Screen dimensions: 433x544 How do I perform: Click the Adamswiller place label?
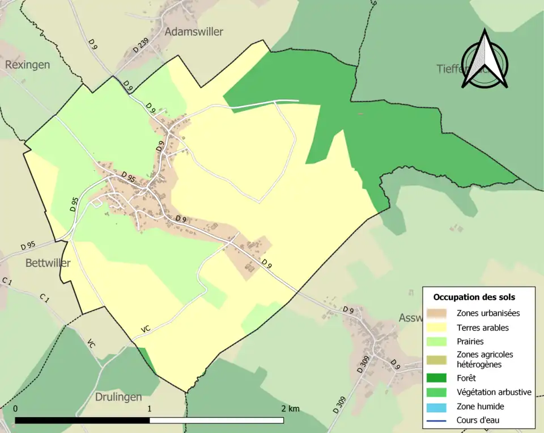pos(193,32)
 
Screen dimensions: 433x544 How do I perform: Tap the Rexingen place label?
pos(27,65)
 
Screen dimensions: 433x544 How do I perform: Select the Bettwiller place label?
pos(48,263)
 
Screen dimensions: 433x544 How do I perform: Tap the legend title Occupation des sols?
pos(474,297)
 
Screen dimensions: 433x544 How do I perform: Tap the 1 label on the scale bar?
pos(150,409)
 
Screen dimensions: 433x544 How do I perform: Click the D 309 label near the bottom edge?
pos(339,405)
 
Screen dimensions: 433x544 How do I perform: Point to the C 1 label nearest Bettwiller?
pos(45,297)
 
